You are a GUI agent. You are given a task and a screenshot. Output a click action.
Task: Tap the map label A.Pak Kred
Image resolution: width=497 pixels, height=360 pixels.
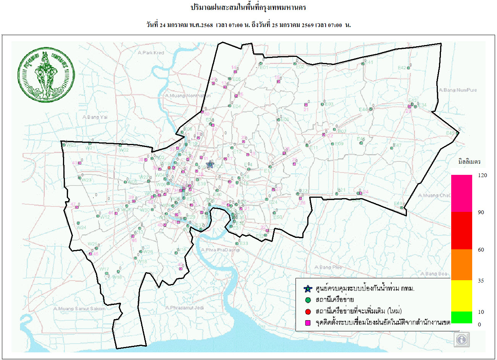coord(151,53)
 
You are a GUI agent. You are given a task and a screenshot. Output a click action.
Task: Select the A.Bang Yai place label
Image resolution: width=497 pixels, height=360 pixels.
coord(95,117)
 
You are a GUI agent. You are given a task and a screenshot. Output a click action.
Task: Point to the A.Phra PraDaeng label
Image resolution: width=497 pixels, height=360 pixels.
coord(220,250)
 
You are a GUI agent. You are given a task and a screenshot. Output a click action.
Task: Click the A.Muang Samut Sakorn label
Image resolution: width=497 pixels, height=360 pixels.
coord(79,308)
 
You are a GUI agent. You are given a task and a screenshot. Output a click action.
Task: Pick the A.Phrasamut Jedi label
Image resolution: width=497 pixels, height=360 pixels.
coord(184,308)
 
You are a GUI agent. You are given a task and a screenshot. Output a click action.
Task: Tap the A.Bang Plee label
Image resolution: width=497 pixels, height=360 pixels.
coord(328,267)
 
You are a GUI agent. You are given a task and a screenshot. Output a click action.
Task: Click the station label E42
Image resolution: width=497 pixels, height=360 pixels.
coord(402,68)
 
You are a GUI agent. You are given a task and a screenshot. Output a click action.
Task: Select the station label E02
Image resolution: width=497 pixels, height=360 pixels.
coord(300,67)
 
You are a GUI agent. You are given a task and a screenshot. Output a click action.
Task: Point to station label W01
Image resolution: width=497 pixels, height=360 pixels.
coord(71,145)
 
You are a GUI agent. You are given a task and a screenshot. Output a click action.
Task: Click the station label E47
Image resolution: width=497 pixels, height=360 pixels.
coord(397,145)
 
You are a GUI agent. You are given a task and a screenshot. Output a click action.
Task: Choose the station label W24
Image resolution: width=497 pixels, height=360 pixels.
coord(81,228)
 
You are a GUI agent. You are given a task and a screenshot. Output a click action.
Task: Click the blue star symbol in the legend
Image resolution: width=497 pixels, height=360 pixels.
coord(308,289)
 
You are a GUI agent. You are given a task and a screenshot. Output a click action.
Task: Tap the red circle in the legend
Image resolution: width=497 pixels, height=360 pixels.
coord(308,312)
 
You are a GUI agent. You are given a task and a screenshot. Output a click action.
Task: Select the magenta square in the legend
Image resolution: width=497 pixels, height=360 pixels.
coord(308,323)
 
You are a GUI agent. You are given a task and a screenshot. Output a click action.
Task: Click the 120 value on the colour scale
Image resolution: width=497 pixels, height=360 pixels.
coord(482,175)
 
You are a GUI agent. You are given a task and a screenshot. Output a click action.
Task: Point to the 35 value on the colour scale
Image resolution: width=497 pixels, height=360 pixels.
coord(481,281)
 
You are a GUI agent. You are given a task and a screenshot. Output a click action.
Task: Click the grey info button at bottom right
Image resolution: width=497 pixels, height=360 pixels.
coord(462,339)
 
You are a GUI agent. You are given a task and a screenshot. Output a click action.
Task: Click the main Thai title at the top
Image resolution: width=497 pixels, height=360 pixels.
coord(248,8)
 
